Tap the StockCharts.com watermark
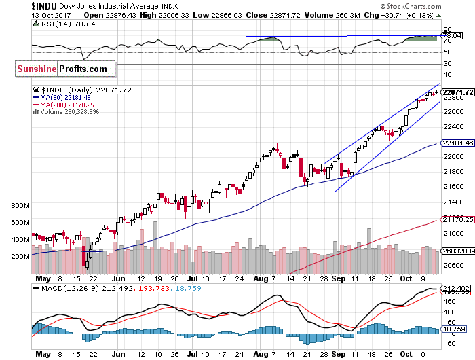tap(439, 6)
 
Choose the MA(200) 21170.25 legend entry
tap(66, 105)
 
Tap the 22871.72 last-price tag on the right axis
tap(457, 92)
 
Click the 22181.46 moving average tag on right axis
tap(457, 143)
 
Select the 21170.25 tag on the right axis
tap(457, 219)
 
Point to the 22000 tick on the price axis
tap(453, 156)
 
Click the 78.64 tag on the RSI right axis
tap(451, 35)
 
